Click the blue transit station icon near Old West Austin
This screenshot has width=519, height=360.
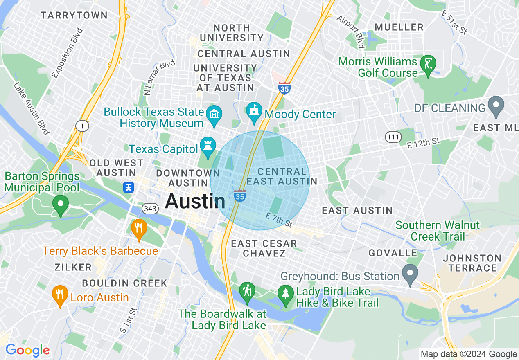tap(129, 187)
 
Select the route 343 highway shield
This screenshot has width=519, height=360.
tap(150, 209)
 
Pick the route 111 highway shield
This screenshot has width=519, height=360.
tap(393, 137)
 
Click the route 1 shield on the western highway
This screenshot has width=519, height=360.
tap(82, 126)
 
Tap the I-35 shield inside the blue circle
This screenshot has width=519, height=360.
tap(240, 196)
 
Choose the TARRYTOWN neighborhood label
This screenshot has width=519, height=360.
tap(74, 16)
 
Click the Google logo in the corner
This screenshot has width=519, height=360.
tap(27, 350)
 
